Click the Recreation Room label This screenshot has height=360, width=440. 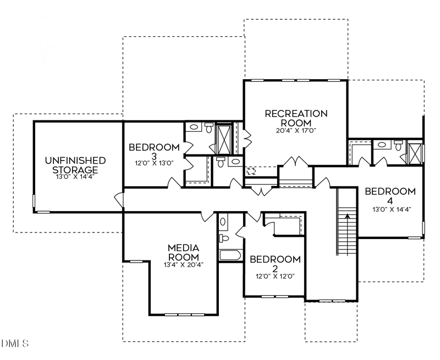[296, 118]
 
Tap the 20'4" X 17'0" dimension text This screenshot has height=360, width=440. [296, 131]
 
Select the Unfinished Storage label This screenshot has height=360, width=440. [75, 165]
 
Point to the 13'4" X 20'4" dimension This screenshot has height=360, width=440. [184, 264]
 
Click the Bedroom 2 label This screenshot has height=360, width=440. [275, 264]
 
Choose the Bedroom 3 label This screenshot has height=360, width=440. [154, 151]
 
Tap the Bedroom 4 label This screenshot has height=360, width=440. [390, 196]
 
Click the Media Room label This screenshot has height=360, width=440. [184, 252]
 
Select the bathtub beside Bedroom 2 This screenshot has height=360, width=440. [230, 255]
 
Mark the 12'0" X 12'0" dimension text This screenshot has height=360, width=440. [275, 276]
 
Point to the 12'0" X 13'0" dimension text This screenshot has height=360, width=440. [154, 163]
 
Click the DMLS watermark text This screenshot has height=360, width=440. [15, 343]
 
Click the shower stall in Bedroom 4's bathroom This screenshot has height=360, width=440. [415, 153]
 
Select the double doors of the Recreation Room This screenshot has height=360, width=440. [296, 162]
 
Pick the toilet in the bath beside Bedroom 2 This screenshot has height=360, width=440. [224, 238]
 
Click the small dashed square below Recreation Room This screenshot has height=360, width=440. [251, 170]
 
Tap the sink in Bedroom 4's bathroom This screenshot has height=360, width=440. [382, 145]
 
